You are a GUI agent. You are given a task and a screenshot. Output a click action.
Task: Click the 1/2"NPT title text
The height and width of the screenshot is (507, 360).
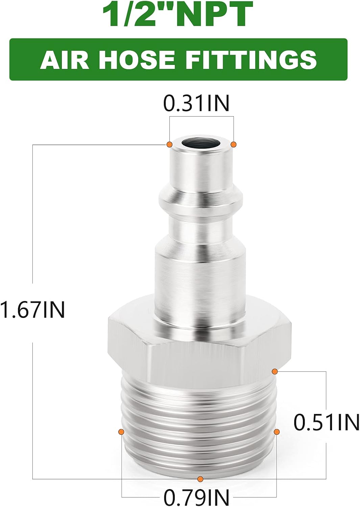(177, 15)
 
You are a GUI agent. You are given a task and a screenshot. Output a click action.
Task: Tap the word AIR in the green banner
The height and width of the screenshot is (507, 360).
(64, 59)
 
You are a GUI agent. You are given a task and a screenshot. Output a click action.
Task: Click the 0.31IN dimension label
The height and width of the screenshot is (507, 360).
(196, 103)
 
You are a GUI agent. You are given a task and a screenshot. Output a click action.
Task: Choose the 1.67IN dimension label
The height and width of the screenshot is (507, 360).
(32, 310)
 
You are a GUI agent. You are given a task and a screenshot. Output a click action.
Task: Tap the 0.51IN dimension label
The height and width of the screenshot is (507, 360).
(326, 422)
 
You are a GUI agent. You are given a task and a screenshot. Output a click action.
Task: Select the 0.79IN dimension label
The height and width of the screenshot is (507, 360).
(196, 497)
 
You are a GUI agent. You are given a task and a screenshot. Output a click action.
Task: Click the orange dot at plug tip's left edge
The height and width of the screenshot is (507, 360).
(169, 144)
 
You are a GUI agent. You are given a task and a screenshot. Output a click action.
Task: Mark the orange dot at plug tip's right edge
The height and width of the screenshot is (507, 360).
(233, 144)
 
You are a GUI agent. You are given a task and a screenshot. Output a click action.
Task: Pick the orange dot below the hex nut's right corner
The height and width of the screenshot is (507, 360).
(275, 371)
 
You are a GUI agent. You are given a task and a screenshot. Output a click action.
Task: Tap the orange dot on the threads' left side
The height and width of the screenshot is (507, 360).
(121, 432)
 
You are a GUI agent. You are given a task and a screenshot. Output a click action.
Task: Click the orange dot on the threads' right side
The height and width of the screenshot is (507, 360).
(277, 432)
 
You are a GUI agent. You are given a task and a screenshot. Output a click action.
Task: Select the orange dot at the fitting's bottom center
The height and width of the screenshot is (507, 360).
(200, 479)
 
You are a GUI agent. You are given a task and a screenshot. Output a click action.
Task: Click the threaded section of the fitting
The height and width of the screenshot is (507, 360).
(199, 422)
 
